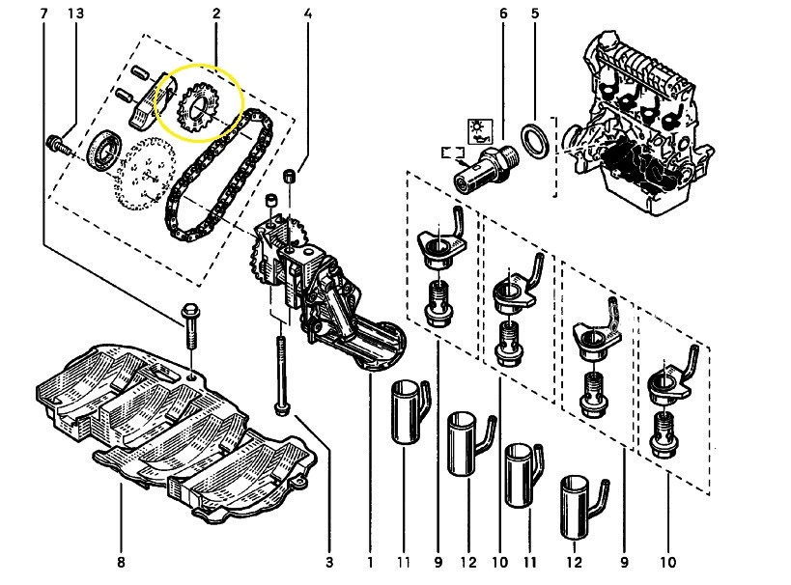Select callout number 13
tap(76, 14)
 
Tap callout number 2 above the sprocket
tap(215, 14)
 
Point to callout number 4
tap(307, 14)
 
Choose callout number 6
tap(503, 14)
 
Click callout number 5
tap(534, 14)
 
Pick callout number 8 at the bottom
tap(121, 562)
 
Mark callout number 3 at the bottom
tap(328, 562)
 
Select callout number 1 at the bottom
tap(371, 562)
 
